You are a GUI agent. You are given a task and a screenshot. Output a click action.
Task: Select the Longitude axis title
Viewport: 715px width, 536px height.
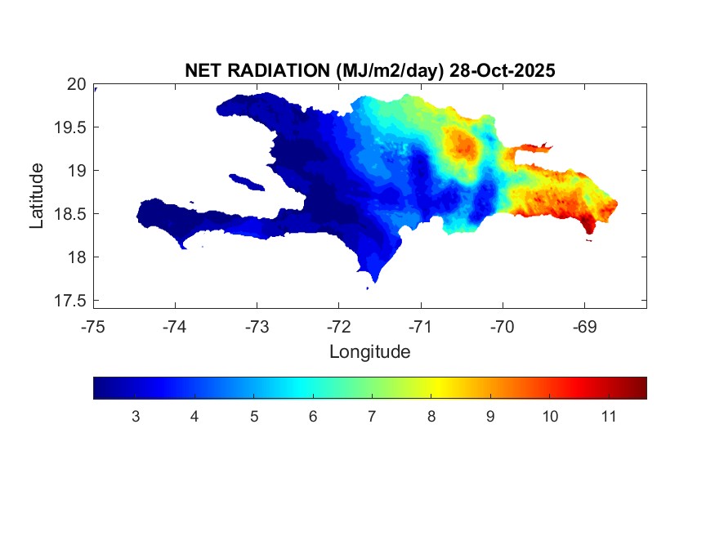pyautogui.click(x=369, y=352)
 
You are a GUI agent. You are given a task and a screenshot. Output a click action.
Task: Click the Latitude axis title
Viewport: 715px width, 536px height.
pyautogui.click(x=37, y=195)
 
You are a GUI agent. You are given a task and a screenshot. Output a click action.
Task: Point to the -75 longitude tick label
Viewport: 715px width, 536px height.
pyautogui.click(x=93, y=326)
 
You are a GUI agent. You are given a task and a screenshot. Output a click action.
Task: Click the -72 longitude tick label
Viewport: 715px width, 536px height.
pyautogui.click(x=338, y=326)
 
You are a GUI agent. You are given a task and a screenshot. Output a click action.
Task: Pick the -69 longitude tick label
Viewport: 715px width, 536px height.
pyautogui.click(x=583, y=326)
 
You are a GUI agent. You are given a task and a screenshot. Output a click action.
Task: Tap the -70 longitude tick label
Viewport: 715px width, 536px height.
pyautogui.click(x=502, y=326)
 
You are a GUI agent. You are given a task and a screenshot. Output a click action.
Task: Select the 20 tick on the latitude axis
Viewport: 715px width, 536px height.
pyautogui.click(x=77, y=84)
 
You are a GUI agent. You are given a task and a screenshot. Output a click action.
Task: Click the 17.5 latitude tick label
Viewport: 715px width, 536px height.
pyautogui.click(x=71, y=301)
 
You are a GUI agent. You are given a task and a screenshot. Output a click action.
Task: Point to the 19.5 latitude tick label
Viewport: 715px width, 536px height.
pyautogui.click(x=71, y=127)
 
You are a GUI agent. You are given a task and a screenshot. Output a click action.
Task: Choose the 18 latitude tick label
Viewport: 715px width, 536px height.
pyautogui.click(x=77, y=257)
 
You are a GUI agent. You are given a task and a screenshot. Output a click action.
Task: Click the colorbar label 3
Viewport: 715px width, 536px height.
pyautogui.click(x=135, y=417)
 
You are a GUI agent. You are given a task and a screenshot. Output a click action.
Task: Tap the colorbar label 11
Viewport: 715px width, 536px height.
pyautogui.click(x=607, y=417)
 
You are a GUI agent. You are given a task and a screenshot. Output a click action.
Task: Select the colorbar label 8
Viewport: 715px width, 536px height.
pyautogui.click(x=431, y=417)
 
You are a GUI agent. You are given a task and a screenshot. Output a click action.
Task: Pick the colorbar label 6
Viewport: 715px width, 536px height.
pyautogui.click(x=312, y=417)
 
